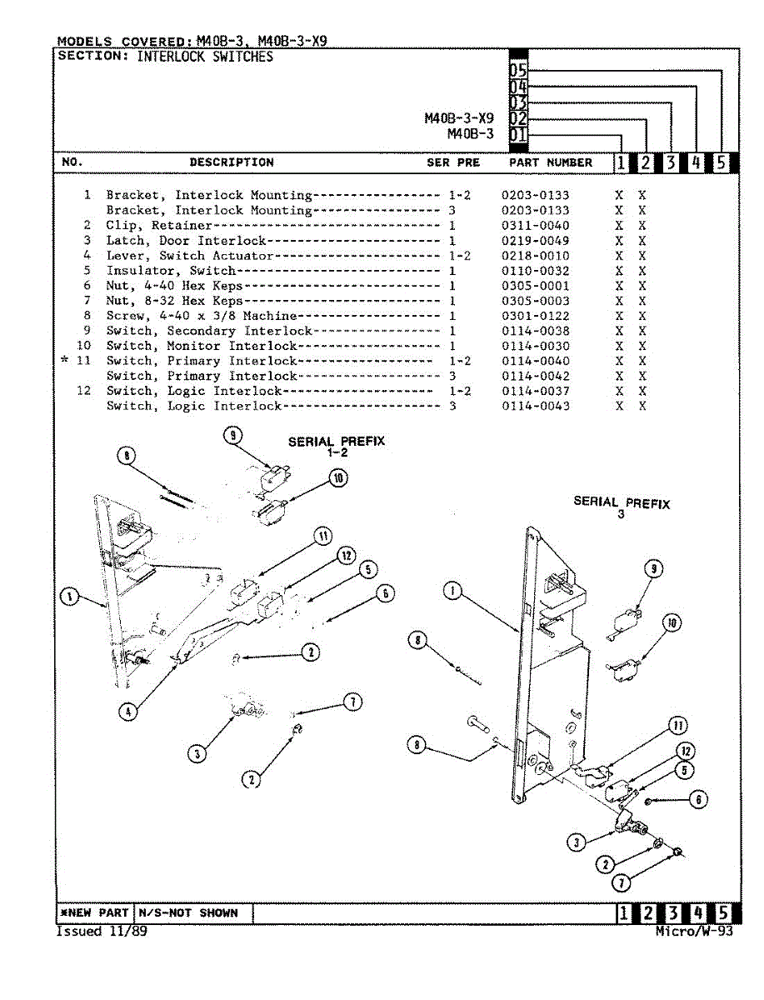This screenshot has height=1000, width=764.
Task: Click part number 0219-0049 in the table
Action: click(x=535, y=241)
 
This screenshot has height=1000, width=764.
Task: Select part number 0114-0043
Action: click(x=535, y=406)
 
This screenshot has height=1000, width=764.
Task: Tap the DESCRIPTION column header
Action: click(x=231, y=162)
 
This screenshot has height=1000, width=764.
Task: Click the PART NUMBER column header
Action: click(x=550, y=162)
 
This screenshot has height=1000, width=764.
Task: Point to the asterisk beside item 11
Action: click(x=65, y=360)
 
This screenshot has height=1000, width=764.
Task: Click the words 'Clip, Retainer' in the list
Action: click(x=159, y=226)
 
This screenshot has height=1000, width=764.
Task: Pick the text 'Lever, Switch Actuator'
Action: click(x=189, y=256)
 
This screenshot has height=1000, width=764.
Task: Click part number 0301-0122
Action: click(x=535, y=316)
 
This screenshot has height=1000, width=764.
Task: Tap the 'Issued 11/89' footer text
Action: click(x=101, y=931)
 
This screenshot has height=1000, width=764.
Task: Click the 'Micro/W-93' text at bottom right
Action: click(x=694, y=931)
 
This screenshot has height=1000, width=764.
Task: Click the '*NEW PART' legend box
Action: click(x=93, y=912)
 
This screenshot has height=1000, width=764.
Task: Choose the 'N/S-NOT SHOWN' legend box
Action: click(x=188, y=912)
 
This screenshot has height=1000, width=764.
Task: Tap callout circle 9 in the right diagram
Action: click(x=655, y=569)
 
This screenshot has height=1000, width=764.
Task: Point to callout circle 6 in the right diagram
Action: click(x=698, y=800)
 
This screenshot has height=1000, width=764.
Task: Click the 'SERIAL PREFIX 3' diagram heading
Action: click(x=621, y=507)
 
